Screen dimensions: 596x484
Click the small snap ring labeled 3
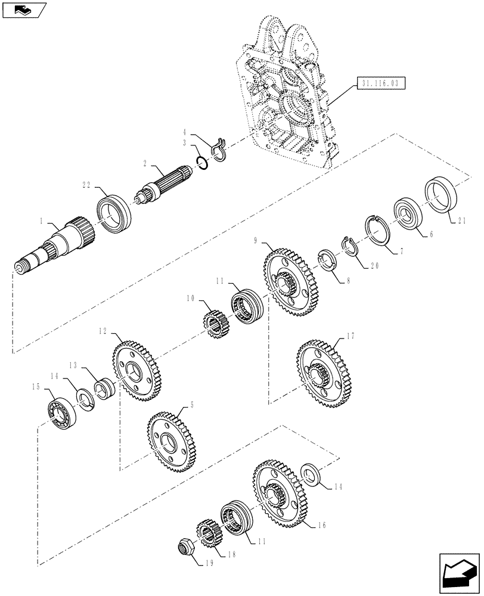coord(202,162)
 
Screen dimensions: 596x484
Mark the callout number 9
coord(255,241)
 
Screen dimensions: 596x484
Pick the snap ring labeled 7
coord(377,229)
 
